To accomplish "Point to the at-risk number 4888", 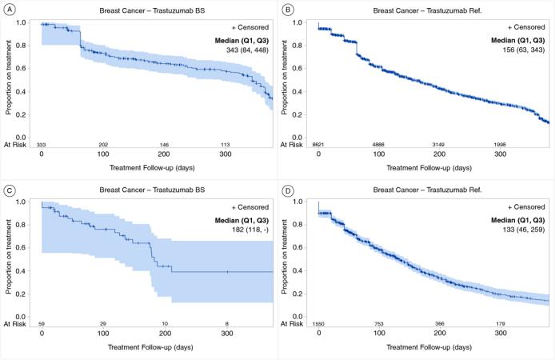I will click(380, 144).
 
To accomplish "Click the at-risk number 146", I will click(164, 144).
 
